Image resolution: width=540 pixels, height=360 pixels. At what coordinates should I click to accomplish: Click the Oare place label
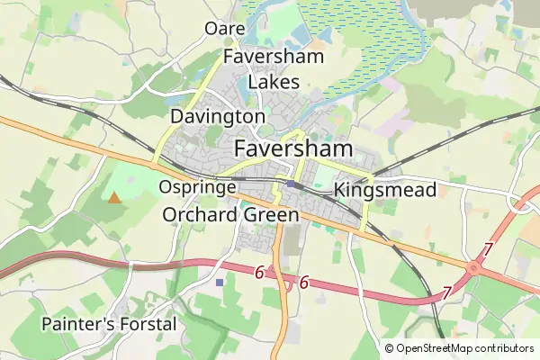225,29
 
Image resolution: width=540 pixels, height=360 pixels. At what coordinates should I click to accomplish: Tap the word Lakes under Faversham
274,82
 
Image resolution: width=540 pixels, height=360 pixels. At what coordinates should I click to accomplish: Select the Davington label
217,117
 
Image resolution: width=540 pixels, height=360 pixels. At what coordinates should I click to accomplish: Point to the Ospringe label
196,187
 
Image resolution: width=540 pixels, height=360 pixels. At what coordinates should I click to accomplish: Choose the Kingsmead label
384,190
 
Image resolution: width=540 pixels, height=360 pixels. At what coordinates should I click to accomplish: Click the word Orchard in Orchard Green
200,215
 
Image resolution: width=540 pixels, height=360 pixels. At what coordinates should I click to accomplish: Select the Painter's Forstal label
109,323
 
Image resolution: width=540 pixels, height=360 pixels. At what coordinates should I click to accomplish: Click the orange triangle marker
113,197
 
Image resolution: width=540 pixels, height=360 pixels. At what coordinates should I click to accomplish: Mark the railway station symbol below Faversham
293,184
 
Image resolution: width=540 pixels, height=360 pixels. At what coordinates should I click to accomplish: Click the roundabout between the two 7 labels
473,267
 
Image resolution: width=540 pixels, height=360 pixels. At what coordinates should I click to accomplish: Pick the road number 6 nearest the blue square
259,273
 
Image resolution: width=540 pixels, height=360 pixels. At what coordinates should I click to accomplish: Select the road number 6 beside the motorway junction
304,283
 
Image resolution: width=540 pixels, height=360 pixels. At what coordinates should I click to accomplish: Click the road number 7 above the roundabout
488,248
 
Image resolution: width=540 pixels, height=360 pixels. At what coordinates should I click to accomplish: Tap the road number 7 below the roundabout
446,293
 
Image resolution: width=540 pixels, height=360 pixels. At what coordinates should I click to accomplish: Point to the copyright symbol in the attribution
390,348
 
